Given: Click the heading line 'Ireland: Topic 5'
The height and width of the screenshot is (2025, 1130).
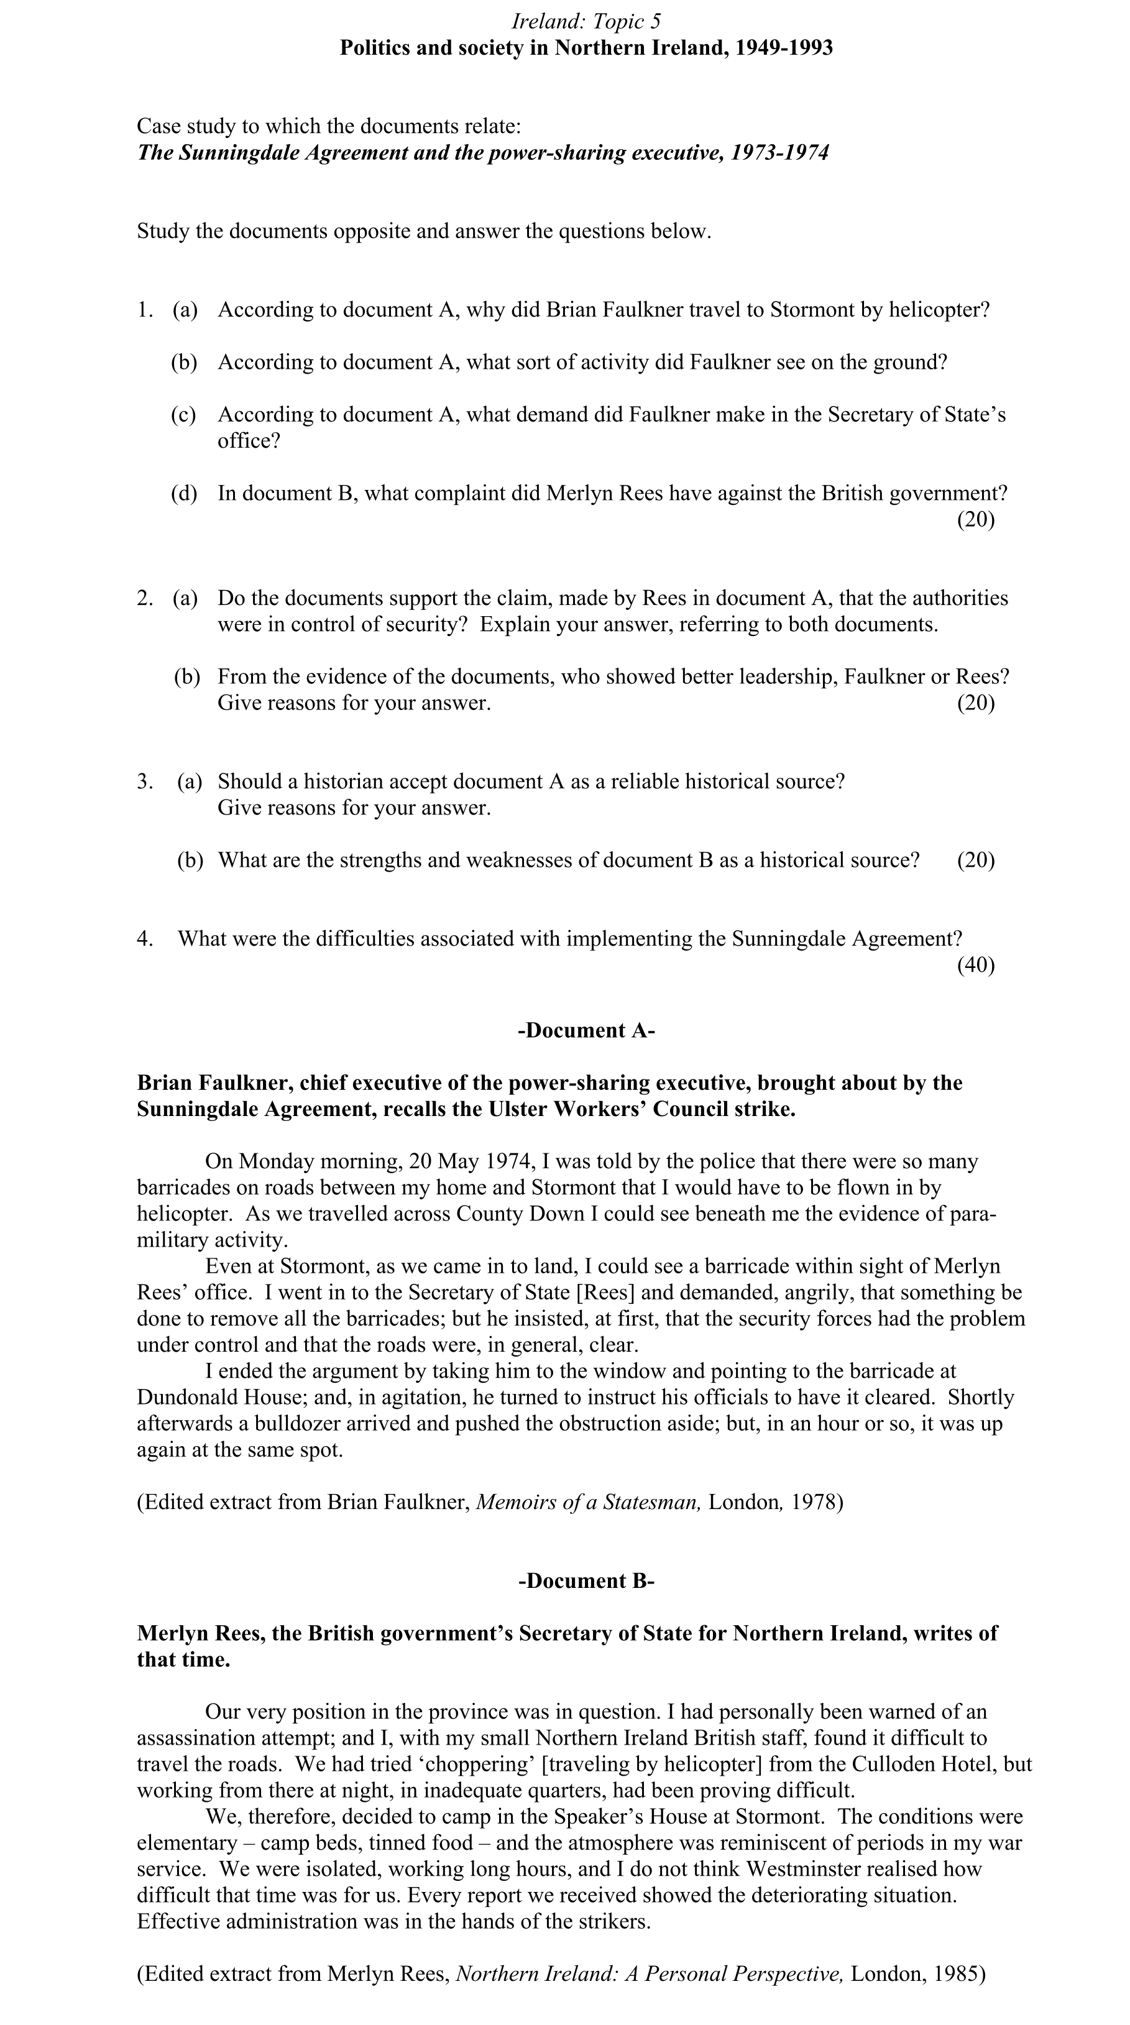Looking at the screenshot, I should (x=586, y=21).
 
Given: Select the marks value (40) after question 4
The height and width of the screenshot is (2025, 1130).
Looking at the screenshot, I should (x=975, y=964).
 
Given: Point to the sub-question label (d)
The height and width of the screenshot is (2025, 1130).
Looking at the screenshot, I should (x=184, y=494).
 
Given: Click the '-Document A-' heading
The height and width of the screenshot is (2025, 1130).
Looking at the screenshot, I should (x=586, y=1031).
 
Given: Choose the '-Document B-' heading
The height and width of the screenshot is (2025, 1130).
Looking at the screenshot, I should (x=586, y=1581).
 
